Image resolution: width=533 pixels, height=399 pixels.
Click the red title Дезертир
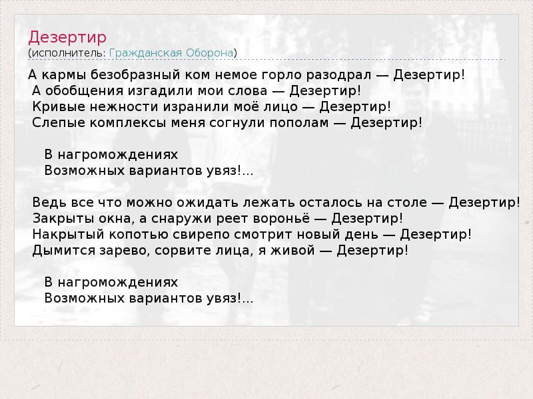tap(67, 38)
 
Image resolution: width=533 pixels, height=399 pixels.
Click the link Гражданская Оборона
tap(171, 53)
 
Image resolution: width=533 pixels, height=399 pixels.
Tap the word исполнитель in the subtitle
tap(68, 53)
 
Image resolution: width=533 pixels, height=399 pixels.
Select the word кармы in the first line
tap(63, 75)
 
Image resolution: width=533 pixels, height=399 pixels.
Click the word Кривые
tap(59, 107)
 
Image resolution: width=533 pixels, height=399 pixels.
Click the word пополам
tap(299, 123)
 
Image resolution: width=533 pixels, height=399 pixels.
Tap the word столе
tap(407, 203)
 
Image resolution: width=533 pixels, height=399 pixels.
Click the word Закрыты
tap(63, 219)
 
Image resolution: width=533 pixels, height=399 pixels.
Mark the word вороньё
tap(282, 219)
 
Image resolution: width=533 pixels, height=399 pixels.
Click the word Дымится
tap(64, 251)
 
